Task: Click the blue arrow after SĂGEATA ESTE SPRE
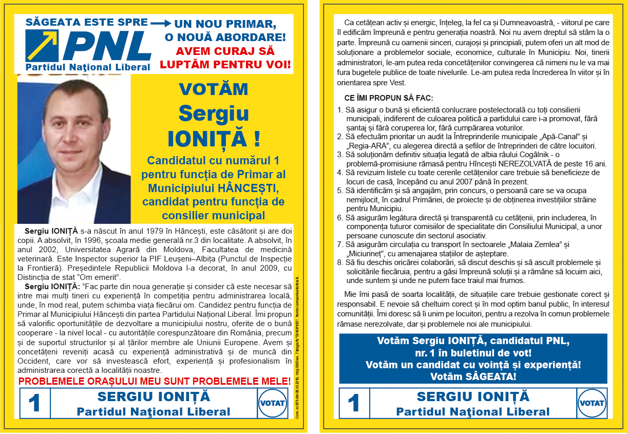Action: (160, 23)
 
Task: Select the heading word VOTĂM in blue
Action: (213, 89)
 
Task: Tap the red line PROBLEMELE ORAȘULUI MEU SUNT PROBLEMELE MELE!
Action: (154, 381)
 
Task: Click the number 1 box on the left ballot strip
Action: (34, 403)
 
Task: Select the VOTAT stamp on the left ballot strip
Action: (273, 403)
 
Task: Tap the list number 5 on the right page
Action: (340, 191)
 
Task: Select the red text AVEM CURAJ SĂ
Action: (225, 51)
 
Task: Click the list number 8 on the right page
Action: (340, 262)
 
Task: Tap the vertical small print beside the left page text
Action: (297, 349)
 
